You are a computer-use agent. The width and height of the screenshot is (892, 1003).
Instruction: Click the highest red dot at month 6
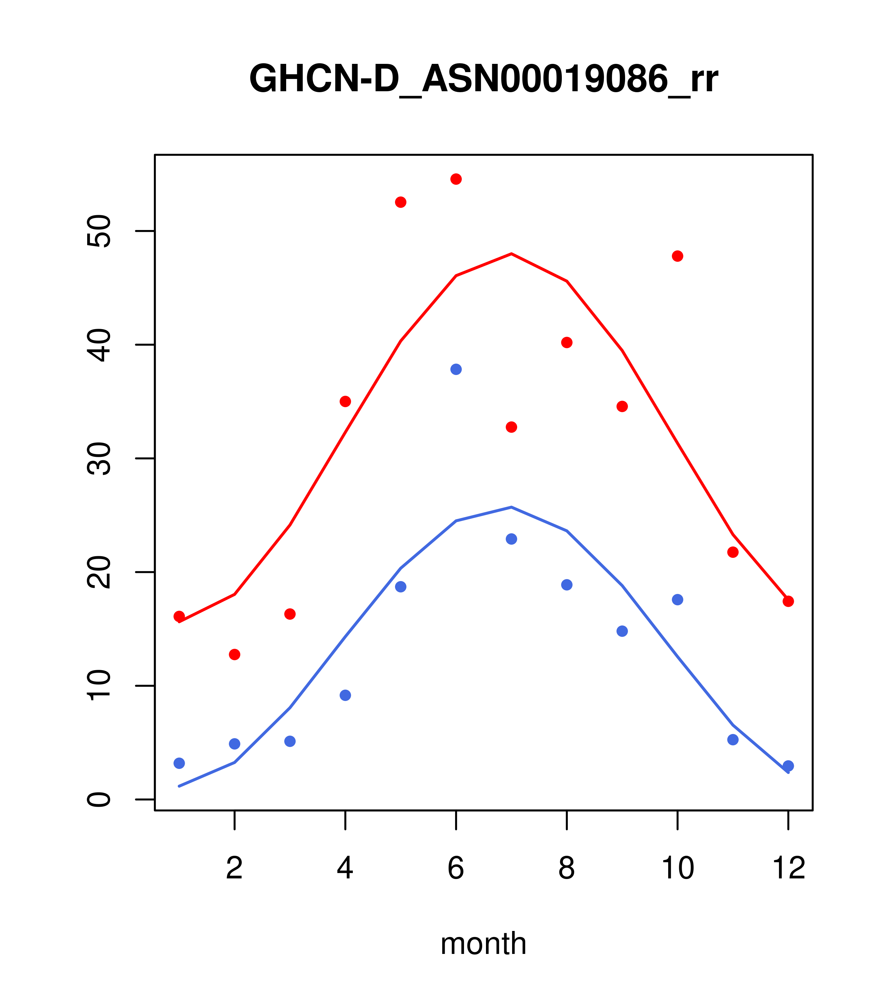click(x=456, y=179)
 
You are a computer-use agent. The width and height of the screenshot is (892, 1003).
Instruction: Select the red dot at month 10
click(x=677, y=256)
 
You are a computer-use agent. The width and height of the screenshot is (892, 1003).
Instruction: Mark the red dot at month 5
click(x=401, y=202)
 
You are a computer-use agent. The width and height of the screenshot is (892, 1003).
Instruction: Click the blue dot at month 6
click(x=456, y=369)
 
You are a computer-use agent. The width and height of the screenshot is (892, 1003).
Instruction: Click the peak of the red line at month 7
click(x=511, y=254)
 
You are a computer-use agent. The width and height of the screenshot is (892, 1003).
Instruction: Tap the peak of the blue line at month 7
click(x=511, y=507)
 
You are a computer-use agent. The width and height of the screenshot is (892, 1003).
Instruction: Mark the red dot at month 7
click(x=511, y=427)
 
